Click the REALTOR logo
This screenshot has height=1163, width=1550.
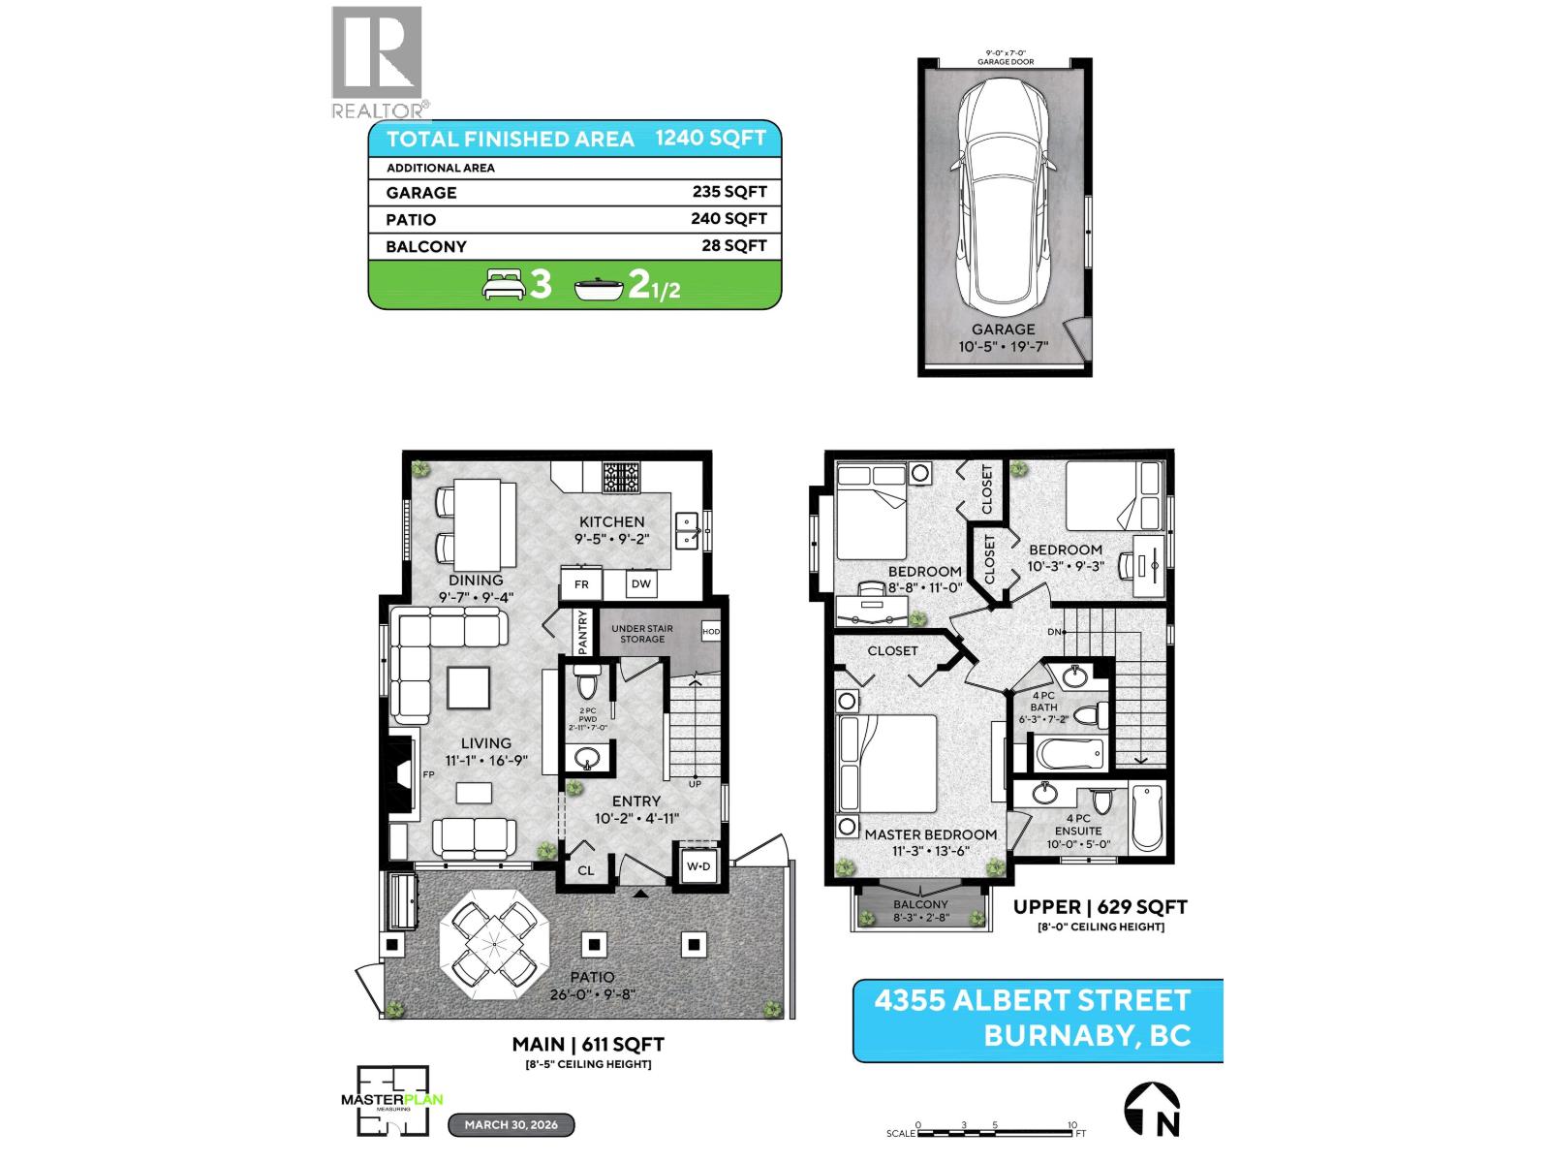(x=378, y=62)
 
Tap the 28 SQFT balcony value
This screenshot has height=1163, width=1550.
(x=733, y=246)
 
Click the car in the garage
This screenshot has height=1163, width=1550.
(x=1004, y=193)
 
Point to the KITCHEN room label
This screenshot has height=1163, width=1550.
(x=611, y=521)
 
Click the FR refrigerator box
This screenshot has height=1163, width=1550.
(x=581, y=584)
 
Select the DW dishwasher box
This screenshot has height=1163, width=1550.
(x=641, y=583)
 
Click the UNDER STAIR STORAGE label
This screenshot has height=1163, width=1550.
(x=642, y=633)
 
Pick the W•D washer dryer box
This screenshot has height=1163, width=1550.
(x=697, y=865)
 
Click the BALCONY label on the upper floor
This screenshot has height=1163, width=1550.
(x=920, y=904)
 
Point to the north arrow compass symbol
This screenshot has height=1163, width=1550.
(x=1151, y=1109)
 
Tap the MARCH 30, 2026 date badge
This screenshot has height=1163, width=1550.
(x=511, y=1125)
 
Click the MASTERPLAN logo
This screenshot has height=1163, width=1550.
(x=391, y=1099)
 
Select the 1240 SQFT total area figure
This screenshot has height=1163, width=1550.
(x=710, y=138)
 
